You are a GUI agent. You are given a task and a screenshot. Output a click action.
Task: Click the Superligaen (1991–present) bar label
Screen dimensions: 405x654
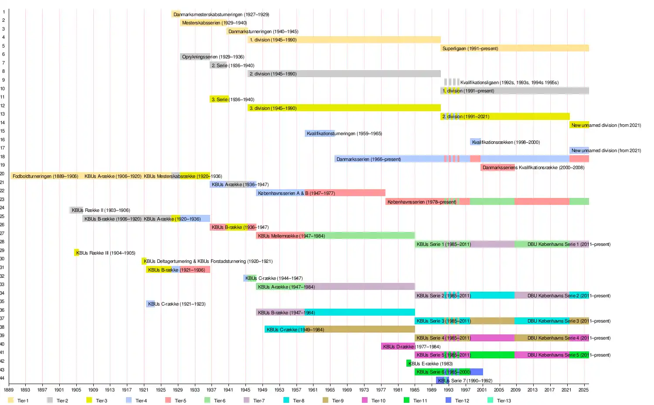(x=470, y=48)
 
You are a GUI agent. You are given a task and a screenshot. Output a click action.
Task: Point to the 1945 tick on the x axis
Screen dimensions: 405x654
(x=245, y=390)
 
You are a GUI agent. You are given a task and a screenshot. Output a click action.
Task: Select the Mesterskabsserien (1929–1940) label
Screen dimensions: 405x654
(x=215, y=23)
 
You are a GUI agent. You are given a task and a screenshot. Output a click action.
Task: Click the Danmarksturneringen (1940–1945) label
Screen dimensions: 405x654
(x=263, y=31)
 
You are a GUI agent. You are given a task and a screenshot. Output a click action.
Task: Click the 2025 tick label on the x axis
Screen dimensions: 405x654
(x=583, y=390)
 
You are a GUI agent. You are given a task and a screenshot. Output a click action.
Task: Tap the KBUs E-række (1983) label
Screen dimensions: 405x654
(x=431, y=364)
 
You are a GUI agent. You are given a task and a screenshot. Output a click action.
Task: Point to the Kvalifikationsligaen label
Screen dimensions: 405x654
(x=509, y=82)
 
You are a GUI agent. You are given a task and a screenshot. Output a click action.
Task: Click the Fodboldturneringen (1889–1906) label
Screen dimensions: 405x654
(x=45, y=176)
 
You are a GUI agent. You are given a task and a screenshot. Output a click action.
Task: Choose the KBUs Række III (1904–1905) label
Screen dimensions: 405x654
(x=106, y=253)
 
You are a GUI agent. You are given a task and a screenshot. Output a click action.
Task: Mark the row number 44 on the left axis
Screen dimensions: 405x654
(x=3, y=378)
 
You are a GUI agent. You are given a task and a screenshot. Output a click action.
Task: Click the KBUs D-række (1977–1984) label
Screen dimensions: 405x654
(x=412, y=347)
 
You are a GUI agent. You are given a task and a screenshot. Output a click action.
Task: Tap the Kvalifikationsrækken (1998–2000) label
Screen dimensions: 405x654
(x=506, y=142)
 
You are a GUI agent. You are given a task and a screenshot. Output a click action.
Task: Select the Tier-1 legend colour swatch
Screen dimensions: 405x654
(x=11, y=400)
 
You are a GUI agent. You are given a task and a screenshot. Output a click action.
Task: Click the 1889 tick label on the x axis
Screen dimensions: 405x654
(x=9, y=390)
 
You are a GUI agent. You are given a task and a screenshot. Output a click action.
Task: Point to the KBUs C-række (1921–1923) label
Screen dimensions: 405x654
(x=177, y=304)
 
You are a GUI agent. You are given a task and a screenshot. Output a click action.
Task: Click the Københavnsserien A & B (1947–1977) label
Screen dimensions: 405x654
(x=296, y=193)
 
